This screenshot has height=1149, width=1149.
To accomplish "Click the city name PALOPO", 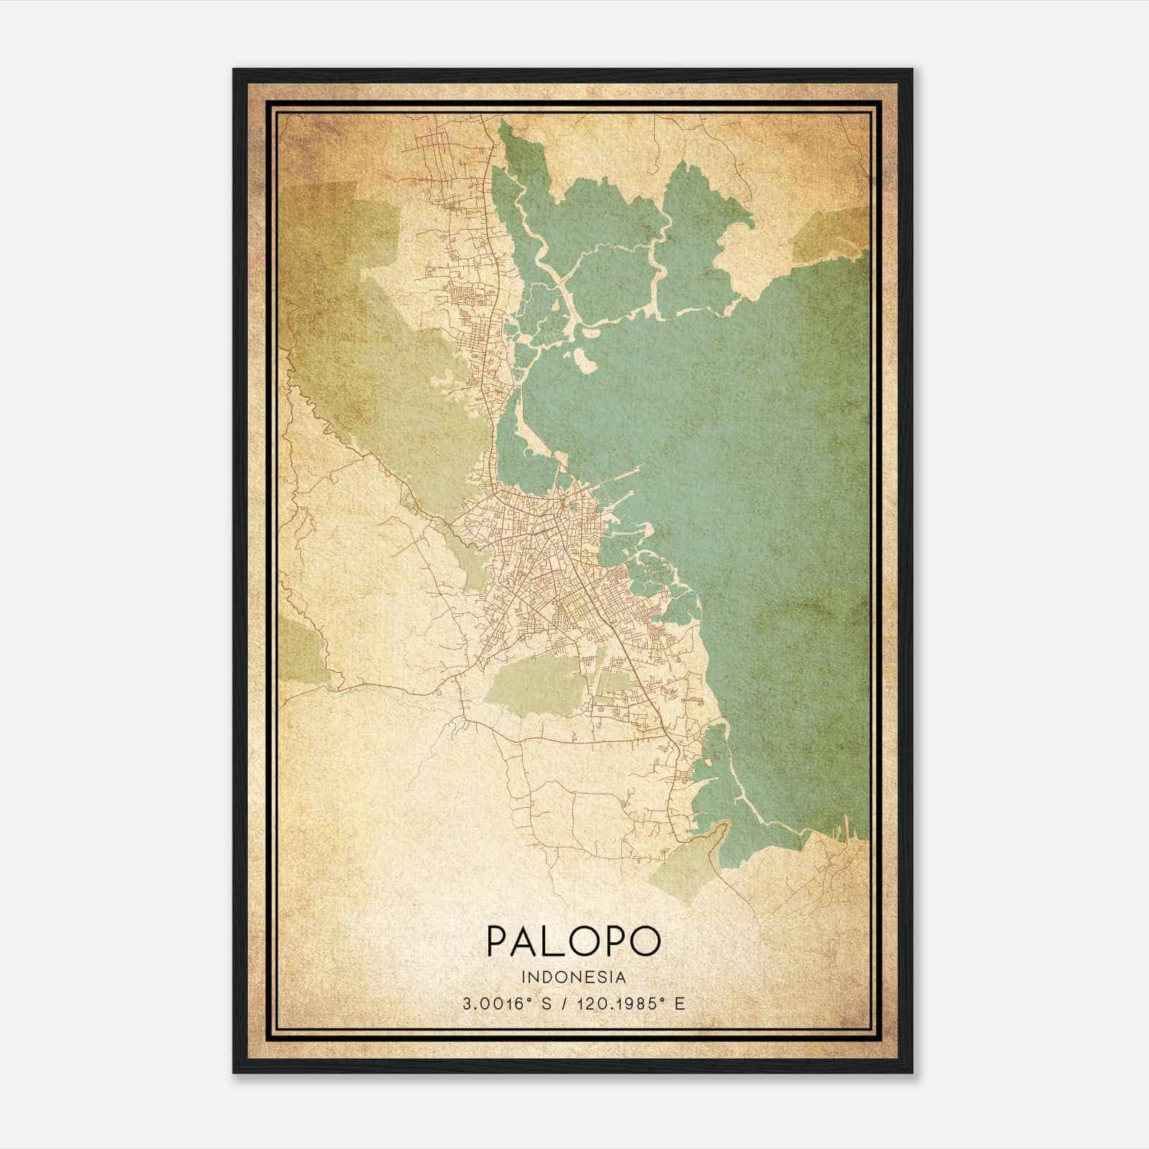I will [x=573, y=941].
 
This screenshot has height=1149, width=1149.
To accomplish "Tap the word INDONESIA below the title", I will [x=574, y=977].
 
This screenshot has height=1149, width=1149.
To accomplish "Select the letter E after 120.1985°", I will [x=680, y=1004].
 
